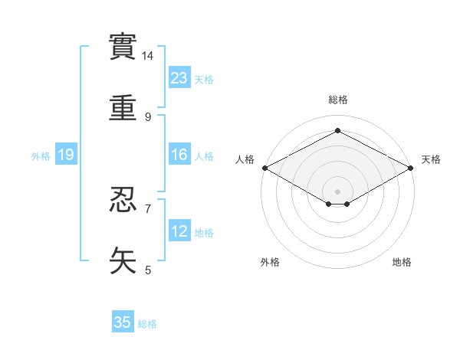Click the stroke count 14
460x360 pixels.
[x=148, y=56]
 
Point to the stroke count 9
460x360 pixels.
[x=148, y=116]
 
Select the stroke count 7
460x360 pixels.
[x=148, y=208]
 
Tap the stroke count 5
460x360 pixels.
[x=148, y=270]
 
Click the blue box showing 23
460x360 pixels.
[x=179, y=77]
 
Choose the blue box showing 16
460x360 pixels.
[x=179, y=155]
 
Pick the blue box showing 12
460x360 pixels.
[x=179, y=231]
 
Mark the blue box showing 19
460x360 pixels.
[x=66, y=155]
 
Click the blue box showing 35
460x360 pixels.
[x=123, y=322]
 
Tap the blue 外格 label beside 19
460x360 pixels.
[x=41, y=155]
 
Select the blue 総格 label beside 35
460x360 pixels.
[x=147, y=324]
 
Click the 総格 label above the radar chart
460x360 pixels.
[x=337, y=100]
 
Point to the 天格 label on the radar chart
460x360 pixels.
[x=431, y=159]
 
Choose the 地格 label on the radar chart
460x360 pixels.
[x=402, y=262]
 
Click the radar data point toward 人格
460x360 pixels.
[x=264, y=168]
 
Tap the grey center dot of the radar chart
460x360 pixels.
[x=337, y=190]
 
